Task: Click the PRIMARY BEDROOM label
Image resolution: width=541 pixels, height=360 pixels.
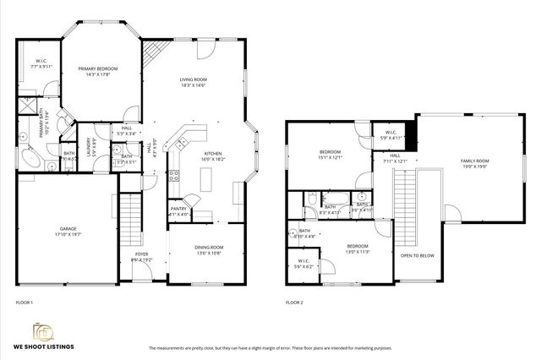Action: coord(97,69)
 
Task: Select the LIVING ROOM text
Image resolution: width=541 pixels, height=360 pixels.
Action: coord(193,80)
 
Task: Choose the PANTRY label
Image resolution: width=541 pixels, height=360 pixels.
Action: coord(178,210)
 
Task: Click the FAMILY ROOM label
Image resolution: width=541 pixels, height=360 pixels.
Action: coord(474,161)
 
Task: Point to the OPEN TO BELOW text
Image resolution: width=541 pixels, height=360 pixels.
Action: coord(418,254)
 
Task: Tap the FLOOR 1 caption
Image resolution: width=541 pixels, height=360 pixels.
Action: coord(25,302)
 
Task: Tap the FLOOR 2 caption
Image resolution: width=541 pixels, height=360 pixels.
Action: coord(293,302)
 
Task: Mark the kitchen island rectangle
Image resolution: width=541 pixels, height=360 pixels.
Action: coord(204,179)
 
